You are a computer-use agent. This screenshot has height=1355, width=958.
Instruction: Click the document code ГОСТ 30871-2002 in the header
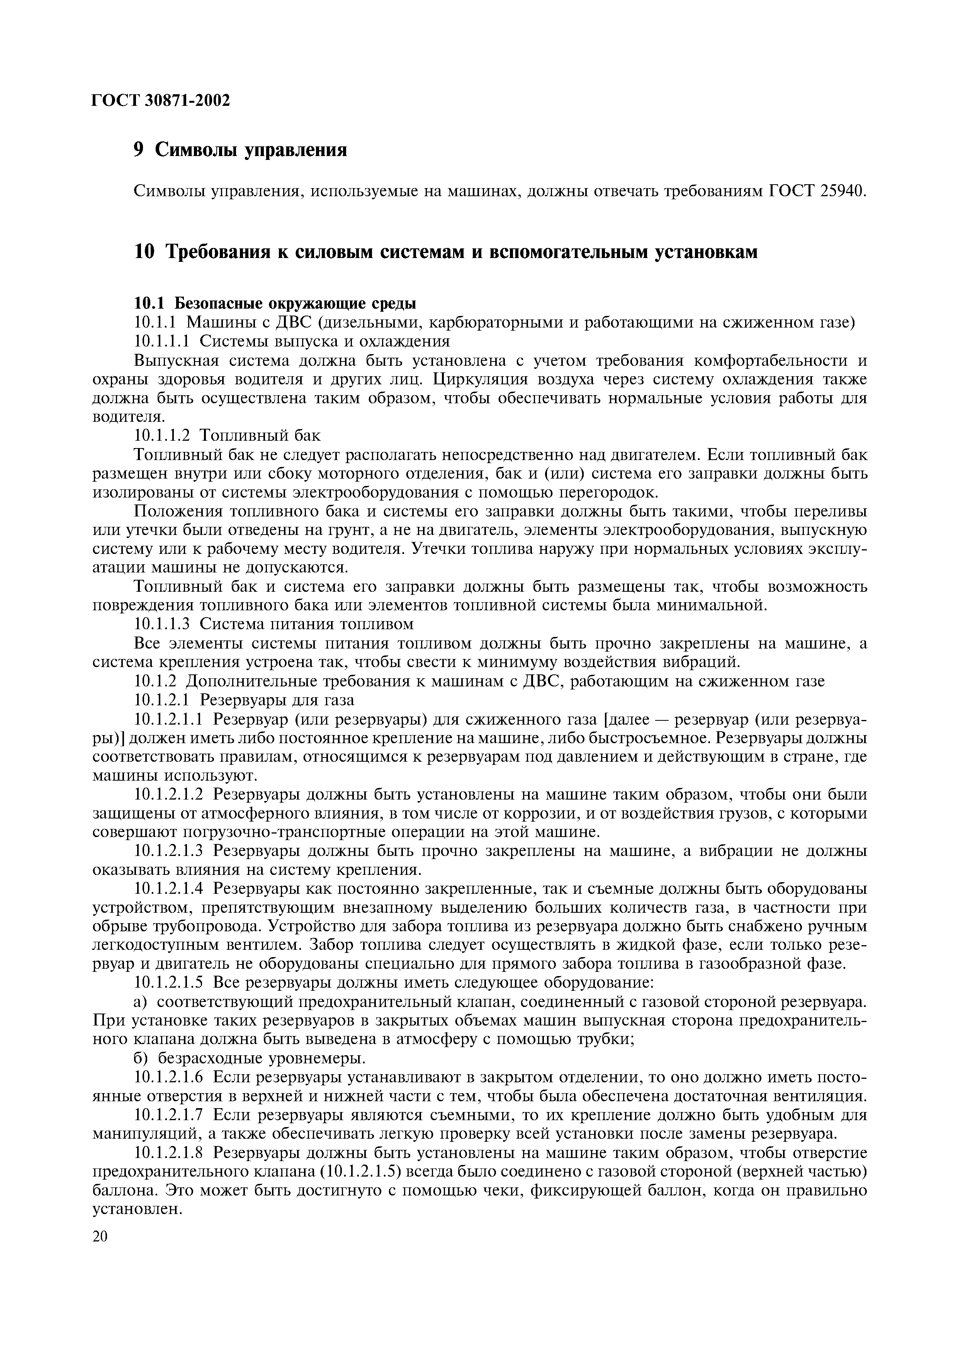(161, 101)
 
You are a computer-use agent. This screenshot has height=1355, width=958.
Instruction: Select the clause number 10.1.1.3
(163, 624)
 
